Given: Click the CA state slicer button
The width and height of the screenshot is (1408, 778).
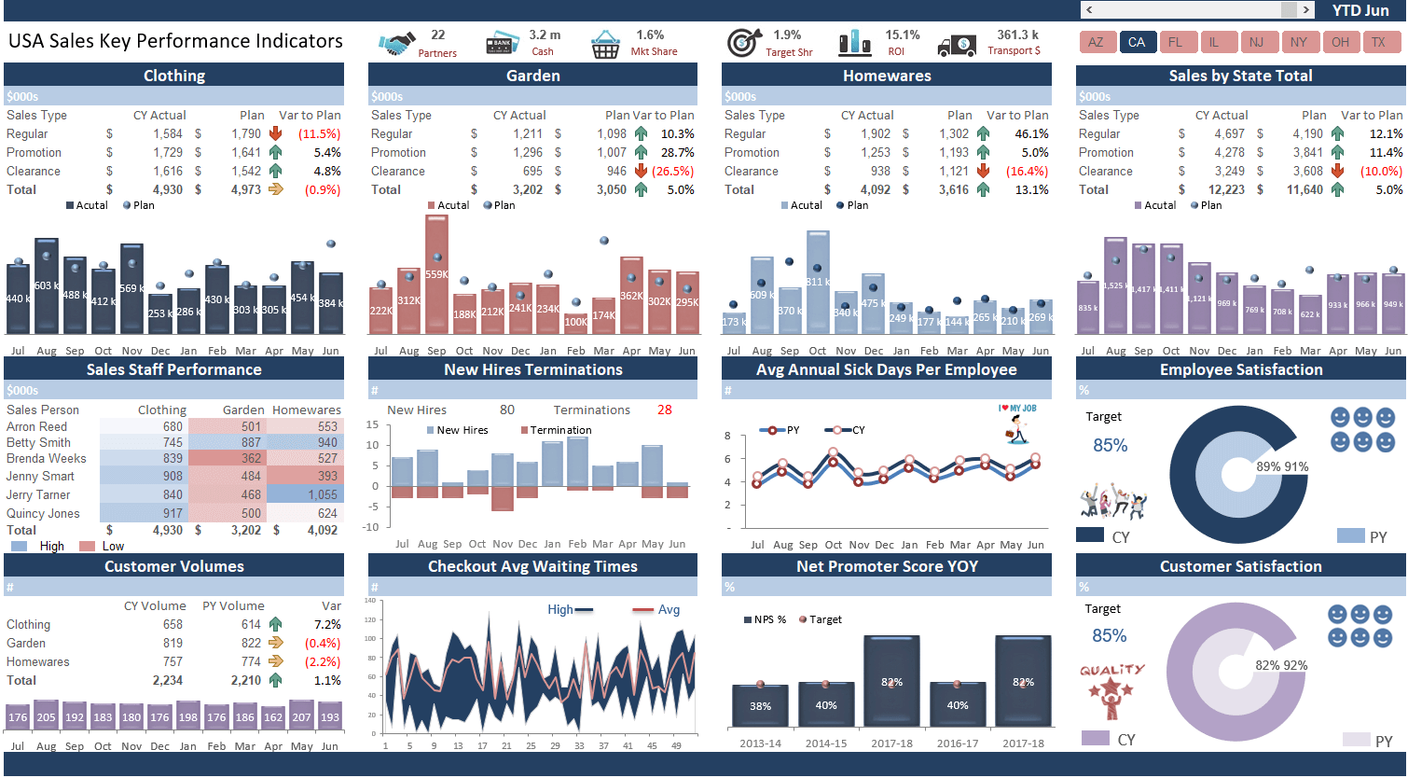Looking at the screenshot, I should pos(1137,42).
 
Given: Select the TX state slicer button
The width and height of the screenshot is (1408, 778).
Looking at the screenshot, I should pos(1378,42).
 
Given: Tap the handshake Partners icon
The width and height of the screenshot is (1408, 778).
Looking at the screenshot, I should pos(396,44).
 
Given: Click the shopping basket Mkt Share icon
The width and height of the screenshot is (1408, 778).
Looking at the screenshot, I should pos(605,44).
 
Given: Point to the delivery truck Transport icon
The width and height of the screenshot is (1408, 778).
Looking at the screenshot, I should pos(957,44).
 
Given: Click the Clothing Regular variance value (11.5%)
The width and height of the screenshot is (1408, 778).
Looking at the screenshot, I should pos(319,134).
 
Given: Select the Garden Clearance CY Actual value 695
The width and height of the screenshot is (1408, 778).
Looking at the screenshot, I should pos(532,172).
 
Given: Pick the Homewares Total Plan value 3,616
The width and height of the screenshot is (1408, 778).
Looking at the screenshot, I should pos(953,190).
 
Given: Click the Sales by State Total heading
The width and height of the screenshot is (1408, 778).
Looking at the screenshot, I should pos(1240,76).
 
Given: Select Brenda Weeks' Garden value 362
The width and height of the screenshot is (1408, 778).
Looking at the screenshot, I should pos(251,459).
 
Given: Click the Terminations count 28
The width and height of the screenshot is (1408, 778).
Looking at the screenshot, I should pos(664,410).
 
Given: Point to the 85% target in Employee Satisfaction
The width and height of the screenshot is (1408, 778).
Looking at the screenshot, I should pos(1110,446).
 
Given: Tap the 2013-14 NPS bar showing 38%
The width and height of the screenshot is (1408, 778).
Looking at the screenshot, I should pos(760,706).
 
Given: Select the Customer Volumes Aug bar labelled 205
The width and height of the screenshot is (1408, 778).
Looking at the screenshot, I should pos(46,716).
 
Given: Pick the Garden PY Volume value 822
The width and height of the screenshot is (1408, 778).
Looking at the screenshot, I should pos(251,644).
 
